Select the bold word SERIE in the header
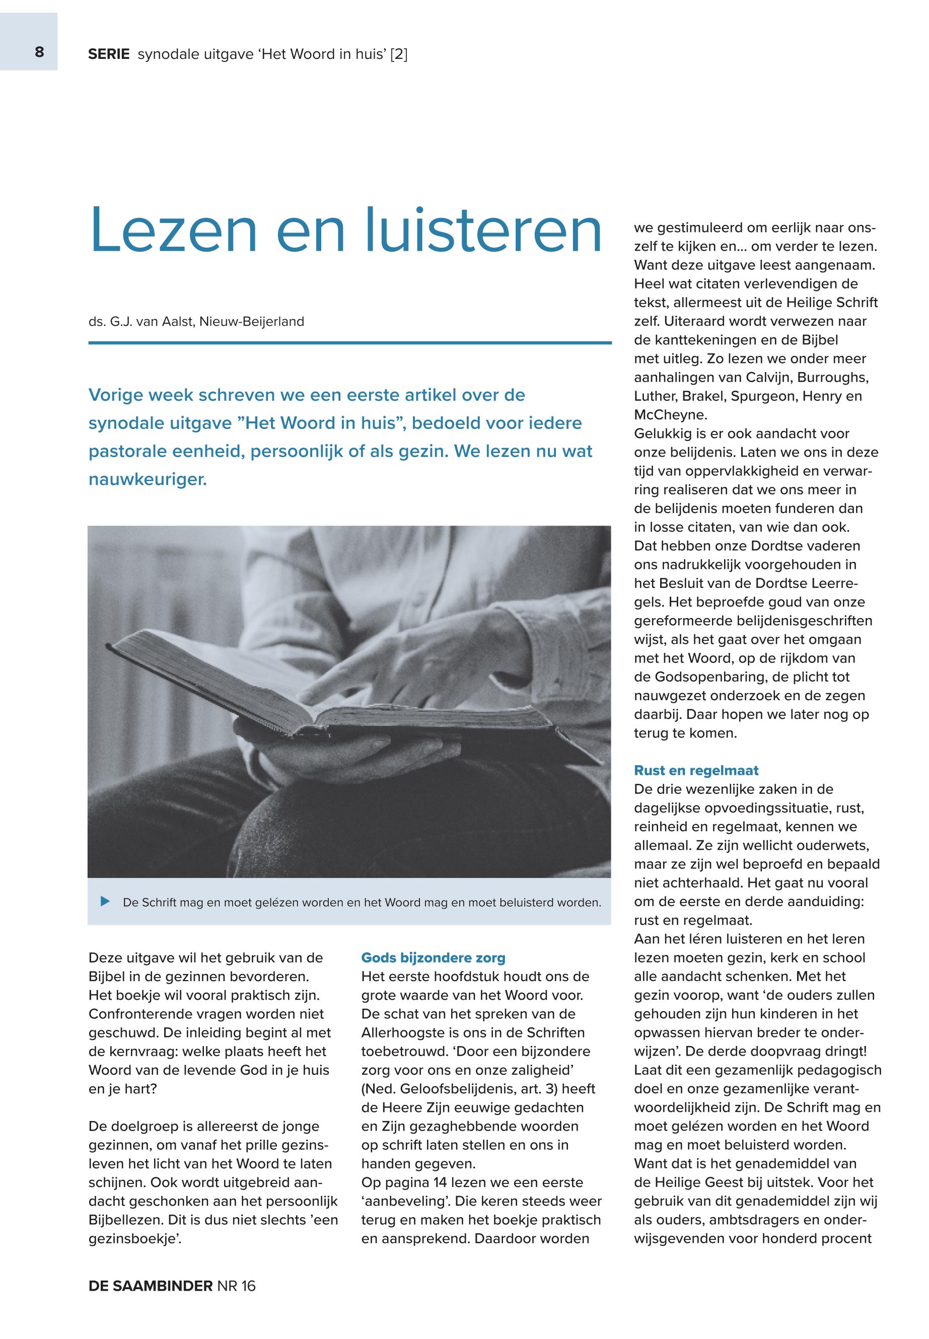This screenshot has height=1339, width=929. (109, 54)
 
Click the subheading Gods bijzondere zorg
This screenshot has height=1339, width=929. (433, 957)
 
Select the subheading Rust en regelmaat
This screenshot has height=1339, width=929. (696, 771)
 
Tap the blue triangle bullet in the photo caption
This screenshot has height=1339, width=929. (105, 902)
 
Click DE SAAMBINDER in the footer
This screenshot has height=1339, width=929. (150, 1286)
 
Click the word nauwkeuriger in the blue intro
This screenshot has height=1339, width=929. (147, 480)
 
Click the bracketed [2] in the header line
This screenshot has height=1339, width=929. (399, 54)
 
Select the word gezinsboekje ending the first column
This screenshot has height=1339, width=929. (133, 1239)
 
